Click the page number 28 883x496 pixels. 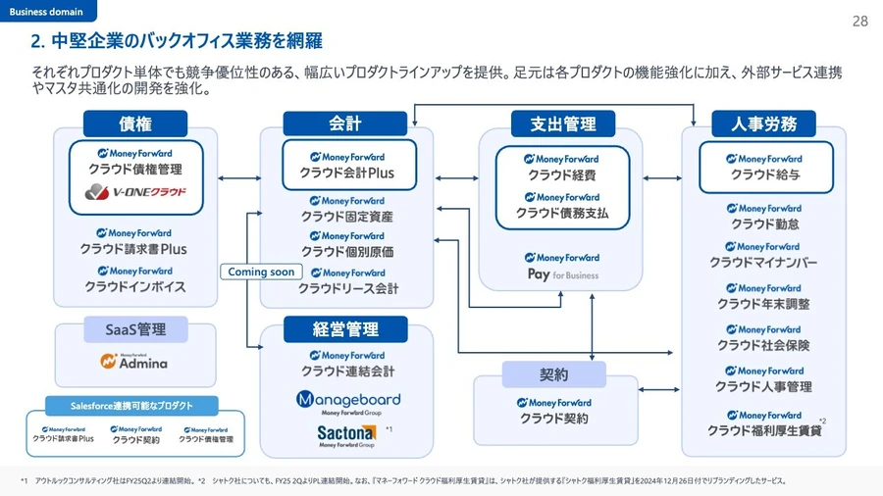[x=859, y=22]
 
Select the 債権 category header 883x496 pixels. [x=135, y=124]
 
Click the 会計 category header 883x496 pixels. [x=345, y=124]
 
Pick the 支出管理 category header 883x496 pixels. [x=563, y=124]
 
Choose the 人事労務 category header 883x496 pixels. [x=764, y=124]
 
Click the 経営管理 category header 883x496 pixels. [x=345, y=329]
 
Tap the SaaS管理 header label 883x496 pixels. [x=135, y=329]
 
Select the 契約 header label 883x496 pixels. [x=553, y=374]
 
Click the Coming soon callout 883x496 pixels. [x=261, y=272]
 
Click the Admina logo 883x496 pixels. [x=134, y=362]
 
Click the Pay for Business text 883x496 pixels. [x=562, y=275]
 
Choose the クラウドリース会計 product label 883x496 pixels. [x=348, y=288]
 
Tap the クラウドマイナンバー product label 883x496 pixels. [x=763, y=263]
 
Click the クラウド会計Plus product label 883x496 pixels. [x=347, y=174]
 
